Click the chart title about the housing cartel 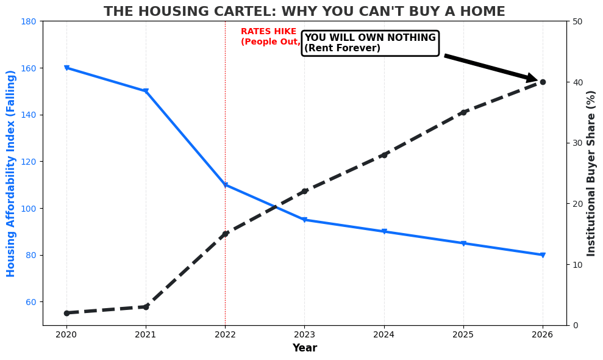(x=304, y=12)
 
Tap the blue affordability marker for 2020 (x=66, y=68)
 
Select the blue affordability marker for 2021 (x=146, y=92)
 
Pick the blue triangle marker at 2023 (x=304, y=220)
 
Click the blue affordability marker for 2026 (x=542, y=255)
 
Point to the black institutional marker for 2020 (x=66, y=313)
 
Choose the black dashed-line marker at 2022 (x=225, y=234)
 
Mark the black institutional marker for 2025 (x=463, y=112)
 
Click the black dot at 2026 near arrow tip (x=542, y=82)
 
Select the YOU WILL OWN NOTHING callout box (x=370, y=43)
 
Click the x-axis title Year (x=304, y=348)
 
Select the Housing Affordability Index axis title (x=12, y=173)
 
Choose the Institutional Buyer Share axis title (x=591, y=173)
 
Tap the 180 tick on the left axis (x=29, y=21)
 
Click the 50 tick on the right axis (x=577, y=21)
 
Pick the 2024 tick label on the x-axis (x=384, y=334)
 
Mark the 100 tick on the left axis (x=29, y=209)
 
